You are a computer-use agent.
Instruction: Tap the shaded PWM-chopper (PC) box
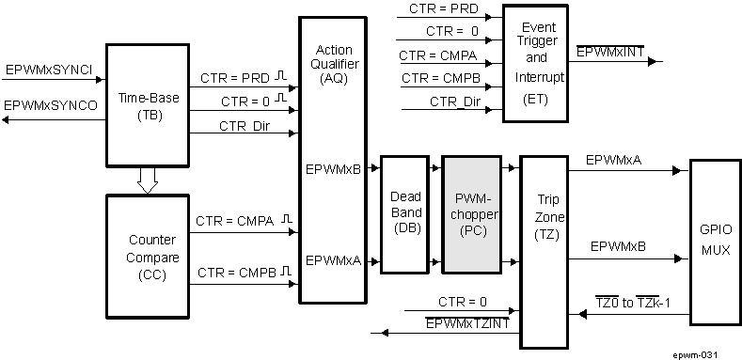pos(473,215)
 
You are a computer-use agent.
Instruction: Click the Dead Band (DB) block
pos(405,215)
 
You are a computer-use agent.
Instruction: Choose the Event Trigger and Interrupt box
pos(536,62)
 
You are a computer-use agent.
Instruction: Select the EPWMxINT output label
pos(610,52)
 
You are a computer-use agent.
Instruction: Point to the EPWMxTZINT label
pos(467,322)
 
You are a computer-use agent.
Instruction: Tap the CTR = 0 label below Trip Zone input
pos(463,302)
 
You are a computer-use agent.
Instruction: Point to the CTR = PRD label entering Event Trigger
pos(441,8)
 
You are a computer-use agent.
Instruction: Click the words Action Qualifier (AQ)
pos(333,62)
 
